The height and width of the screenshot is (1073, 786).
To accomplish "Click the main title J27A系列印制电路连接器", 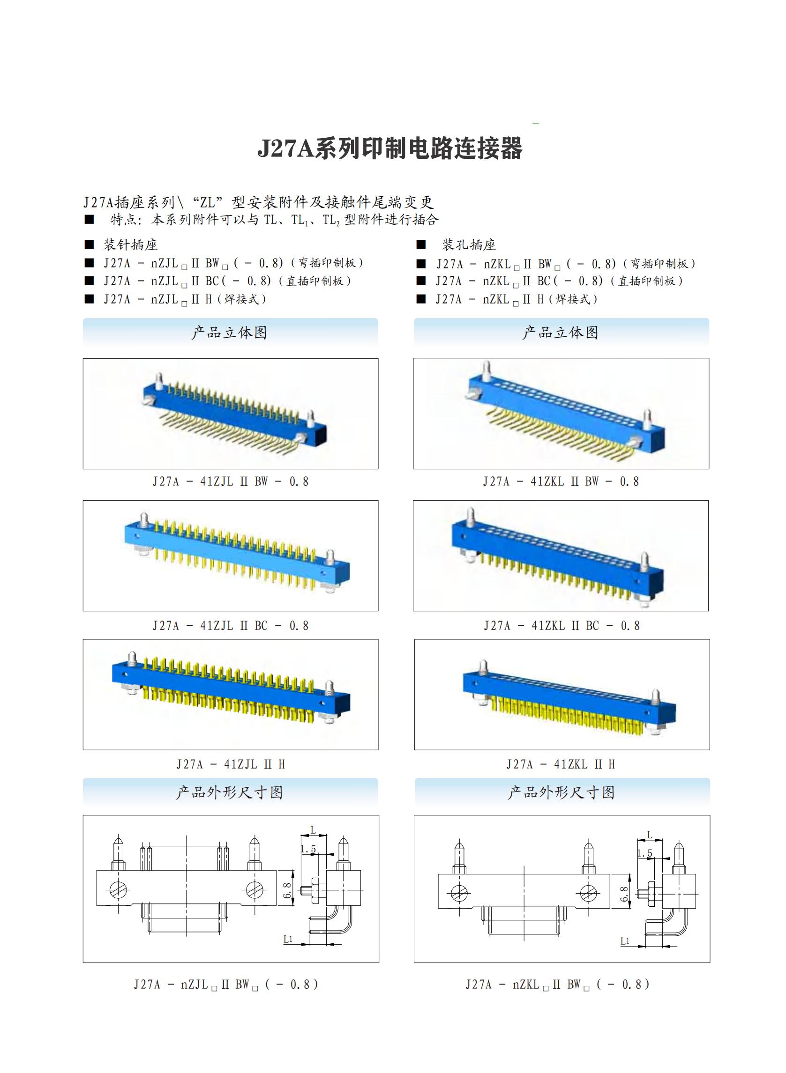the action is pos(390,148).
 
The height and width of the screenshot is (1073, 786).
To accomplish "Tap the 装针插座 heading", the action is pos(130,245).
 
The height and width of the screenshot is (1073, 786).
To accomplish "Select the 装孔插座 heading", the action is pos(469,245).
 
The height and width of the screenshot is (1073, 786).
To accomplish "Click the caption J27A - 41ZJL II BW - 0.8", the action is pos(231,481).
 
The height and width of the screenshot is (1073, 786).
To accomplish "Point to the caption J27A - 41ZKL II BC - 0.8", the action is pos(562,626).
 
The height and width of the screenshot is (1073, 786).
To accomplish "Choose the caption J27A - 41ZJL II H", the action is pos(231,764).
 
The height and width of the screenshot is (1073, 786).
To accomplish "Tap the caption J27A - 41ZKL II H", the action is pos(561,764).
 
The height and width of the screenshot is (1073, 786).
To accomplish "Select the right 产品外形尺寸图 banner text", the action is pos(561,792).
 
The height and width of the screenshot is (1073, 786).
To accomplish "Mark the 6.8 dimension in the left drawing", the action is pos(287,890).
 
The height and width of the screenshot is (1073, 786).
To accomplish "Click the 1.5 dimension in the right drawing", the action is pos(645,853).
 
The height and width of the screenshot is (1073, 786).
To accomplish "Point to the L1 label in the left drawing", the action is pos(288,939).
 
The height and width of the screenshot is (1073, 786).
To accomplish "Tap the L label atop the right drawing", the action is pos(650,835).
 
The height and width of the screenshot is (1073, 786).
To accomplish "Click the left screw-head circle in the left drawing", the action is pos(117,889).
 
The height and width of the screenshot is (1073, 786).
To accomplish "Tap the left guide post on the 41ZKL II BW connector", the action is pos(486,371).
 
